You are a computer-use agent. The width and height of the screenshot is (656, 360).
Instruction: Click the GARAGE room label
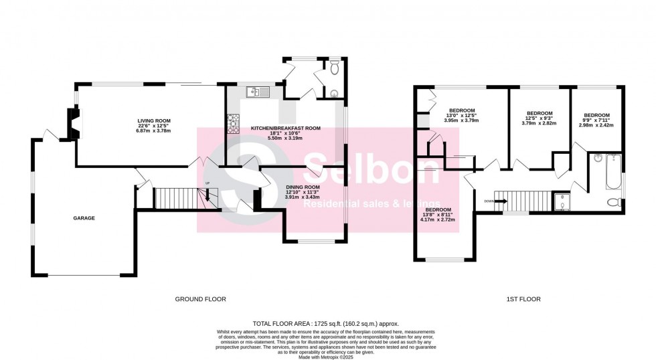pos(84,218)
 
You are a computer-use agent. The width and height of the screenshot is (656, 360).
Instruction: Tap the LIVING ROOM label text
pos(150,120)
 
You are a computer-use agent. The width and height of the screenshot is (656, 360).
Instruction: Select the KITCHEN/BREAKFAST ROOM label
pos(286,128)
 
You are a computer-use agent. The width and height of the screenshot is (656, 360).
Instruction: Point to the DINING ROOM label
pos(300,187)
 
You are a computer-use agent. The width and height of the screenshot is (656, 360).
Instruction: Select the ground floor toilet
pos(335,67)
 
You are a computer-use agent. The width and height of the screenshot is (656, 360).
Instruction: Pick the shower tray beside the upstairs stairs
pos(564,203)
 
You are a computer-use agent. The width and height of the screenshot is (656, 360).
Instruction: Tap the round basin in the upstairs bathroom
pos(598,159)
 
